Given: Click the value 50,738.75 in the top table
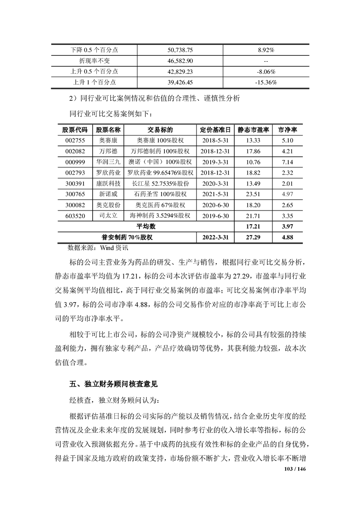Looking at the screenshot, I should click(180, 49).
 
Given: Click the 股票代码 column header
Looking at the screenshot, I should click(74, 129).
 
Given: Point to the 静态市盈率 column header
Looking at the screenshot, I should click(253, 129).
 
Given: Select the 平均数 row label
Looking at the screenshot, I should click(146, 226).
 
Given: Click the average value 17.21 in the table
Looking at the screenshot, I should click(253, 226).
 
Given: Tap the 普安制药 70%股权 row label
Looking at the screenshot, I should click(127, 237).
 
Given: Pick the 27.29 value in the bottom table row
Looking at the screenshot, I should click(253, 237).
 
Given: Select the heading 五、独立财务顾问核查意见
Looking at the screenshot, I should click(113, 384).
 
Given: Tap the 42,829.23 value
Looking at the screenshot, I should click(180, 71).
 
